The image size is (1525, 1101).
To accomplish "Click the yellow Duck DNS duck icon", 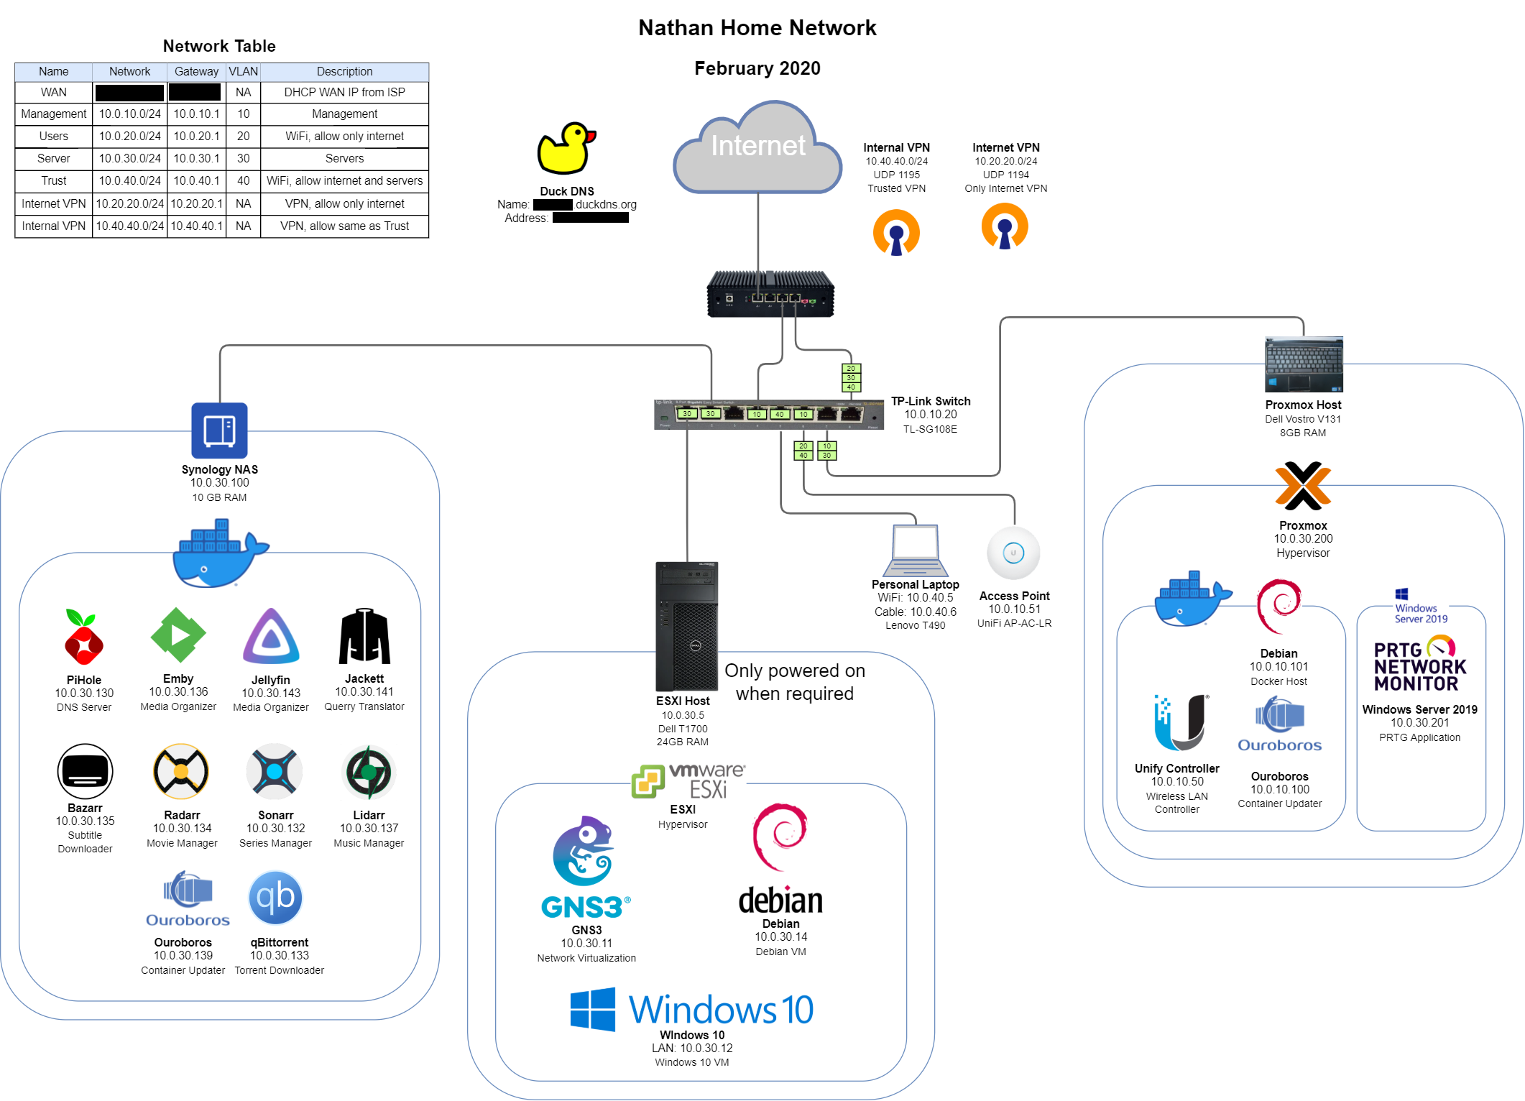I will click(566, 149).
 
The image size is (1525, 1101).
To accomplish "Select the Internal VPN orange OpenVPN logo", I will click(896, 232).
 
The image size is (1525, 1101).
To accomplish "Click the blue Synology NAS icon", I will click(219, 430).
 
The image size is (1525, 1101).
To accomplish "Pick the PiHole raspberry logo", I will click(84, 637).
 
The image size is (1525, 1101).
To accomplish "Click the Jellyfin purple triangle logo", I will click(271, 637).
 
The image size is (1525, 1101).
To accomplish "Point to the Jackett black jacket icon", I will click(364, 636).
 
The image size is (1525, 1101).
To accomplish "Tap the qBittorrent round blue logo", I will click(275, 898).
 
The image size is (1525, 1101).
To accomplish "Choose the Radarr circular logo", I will click(181, 772).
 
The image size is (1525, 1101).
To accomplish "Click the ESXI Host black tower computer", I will click(686, 626).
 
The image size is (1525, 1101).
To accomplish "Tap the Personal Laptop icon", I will click(915, 550).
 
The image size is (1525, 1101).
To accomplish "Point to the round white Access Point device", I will click(1013, 553).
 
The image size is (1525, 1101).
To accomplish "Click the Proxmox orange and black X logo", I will click(1302, 486).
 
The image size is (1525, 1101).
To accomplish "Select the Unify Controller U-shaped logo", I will click(1181, 722).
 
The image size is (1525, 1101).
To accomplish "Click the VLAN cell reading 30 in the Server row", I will click(244, 158).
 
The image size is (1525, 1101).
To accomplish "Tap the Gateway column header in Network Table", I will click(196, 71).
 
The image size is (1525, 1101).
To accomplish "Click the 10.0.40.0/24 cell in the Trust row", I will click(130, 180).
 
